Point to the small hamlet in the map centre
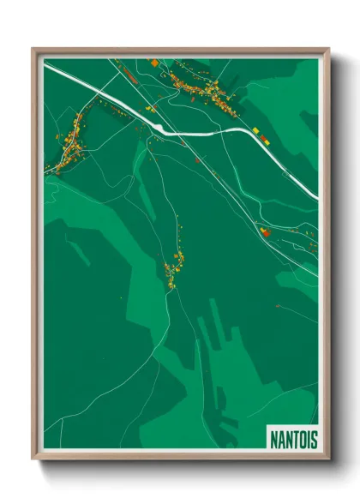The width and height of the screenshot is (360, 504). click(x=172, y=270)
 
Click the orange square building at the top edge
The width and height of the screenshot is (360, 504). click(x=155, y=63)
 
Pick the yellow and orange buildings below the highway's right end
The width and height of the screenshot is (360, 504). click(x=261, y=132)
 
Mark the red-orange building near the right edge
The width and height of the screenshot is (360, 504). click(x=266, y=231)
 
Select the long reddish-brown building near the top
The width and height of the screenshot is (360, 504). click(x=129, y=75)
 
